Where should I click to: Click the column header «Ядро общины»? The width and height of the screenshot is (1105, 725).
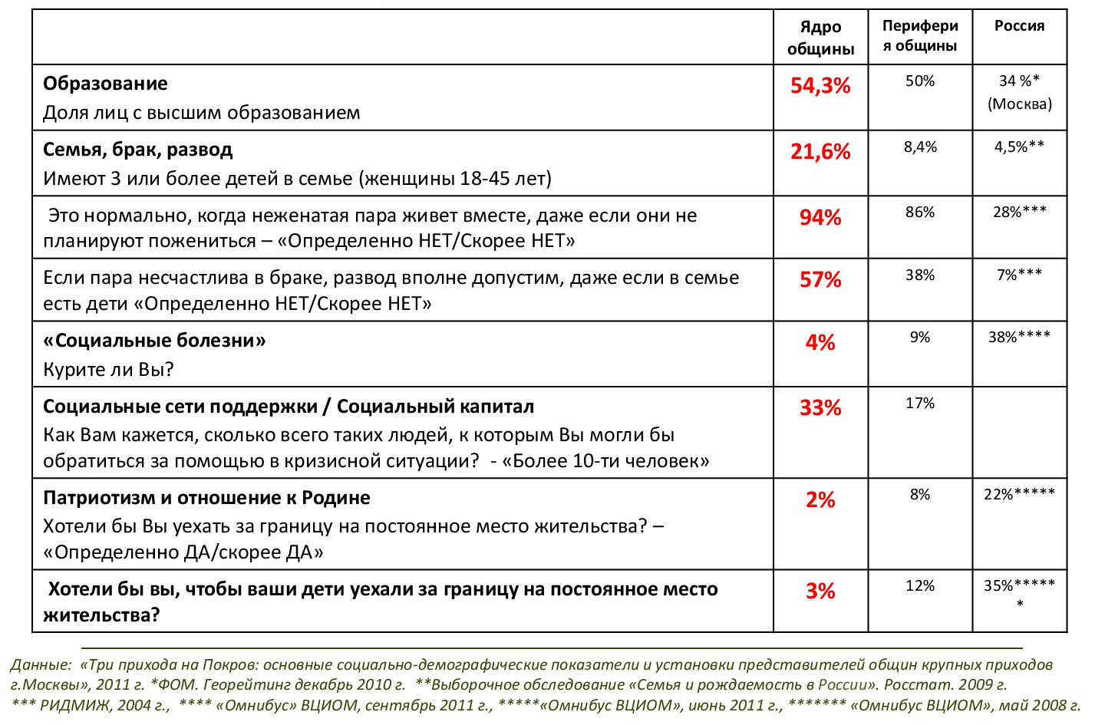820,38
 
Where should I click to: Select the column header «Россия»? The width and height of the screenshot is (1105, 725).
1019,25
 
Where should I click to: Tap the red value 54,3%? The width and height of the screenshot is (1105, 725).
820,85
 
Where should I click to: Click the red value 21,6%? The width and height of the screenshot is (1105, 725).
820,151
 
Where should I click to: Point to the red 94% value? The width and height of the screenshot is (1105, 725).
820,218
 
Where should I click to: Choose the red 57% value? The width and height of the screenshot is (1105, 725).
820,279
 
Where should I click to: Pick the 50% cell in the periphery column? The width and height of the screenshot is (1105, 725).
920,81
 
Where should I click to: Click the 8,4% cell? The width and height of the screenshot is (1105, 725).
920,147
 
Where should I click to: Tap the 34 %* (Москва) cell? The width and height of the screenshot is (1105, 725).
1019,92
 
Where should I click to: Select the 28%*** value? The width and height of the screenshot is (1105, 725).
1019,212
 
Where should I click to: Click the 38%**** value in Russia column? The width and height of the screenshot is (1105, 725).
1019,337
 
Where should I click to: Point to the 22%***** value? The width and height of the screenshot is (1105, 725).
1019,494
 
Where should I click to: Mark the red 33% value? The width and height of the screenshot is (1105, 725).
820,408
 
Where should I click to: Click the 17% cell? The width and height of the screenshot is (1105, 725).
920,404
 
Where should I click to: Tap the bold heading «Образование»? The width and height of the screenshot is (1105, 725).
105,84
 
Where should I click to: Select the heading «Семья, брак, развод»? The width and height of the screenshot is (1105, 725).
137,150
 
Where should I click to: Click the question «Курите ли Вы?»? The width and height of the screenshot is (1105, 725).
108,370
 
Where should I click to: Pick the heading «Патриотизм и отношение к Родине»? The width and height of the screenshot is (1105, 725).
206,498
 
